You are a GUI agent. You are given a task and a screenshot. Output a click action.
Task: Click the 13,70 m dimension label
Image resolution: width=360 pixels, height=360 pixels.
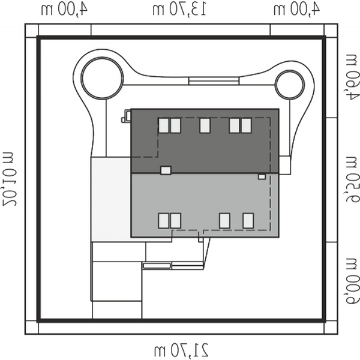(x=179, y=10)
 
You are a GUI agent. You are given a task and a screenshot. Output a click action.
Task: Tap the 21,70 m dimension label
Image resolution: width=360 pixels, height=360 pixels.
(x=181, y=350)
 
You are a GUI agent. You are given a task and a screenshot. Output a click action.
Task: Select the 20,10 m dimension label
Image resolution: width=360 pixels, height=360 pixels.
(x=10, y=179)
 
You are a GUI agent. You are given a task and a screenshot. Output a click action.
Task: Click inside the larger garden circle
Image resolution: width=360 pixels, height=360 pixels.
(x=103, y=78)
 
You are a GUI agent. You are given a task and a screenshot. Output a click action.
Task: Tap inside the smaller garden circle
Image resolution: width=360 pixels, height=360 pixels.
(x=290, y=85)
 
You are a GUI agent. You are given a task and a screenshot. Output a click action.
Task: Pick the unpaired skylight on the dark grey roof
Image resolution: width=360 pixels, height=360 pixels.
(x=205, y=125)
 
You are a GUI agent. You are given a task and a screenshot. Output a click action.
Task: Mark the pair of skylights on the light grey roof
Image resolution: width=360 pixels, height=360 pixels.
(x=170, y=221)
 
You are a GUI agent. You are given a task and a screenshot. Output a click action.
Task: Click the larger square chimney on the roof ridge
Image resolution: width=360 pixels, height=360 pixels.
(x=166, y=170)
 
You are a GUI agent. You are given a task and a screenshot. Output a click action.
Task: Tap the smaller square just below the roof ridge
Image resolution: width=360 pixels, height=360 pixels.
(x=262, y=177)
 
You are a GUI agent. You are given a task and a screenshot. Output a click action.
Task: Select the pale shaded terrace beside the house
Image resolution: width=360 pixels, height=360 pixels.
(x=111, y=199)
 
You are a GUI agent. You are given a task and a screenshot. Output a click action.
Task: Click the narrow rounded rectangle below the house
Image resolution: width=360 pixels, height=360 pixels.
(x=157, y=266)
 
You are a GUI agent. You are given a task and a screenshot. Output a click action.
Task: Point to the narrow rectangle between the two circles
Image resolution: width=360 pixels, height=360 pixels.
(x=214, y=81)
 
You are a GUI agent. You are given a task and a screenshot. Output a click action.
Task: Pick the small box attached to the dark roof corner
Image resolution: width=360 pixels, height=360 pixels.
(x=127, y=116)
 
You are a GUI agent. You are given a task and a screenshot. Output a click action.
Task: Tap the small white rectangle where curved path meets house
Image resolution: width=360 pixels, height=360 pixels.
(x=285, y=166)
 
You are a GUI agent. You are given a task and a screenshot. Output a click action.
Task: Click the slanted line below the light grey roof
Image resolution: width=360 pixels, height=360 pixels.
(x=206, y=253)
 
